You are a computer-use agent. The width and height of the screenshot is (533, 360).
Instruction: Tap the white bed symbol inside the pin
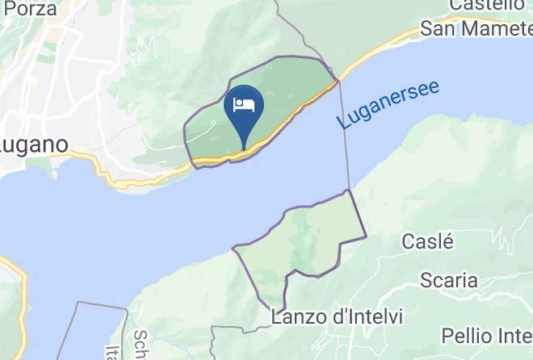(244, 105)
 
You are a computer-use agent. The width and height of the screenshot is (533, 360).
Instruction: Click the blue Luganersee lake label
(389, 105)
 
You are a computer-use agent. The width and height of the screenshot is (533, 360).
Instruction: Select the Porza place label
(29, 8)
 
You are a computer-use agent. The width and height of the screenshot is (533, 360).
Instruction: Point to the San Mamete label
(476, 30)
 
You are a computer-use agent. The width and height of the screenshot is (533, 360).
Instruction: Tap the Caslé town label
(428, 241)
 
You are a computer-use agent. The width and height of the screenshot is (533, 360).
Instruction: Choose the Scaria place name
(448, 280)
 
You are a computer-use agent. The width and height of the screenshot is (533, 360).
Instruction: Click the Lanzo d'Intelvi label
(337, 316)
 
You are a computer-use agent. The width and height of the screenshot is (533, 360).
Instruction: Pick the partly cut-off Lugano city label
(33, 146)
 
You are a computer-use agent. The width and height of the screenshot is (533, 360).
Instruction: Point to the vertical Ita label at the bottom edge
(111, 352)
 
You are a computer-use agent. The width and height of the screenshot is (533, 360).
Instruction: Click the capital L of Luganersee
(345, 123)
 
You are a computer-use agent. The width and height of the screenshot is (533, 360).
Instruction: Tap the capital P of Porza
(8, 8)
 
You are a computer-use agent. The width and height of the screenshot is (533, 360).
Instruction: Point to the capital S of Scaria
(426, 280)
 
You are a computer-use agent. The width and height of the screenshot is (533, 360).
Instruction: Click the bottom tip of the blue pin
(244, 149)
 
